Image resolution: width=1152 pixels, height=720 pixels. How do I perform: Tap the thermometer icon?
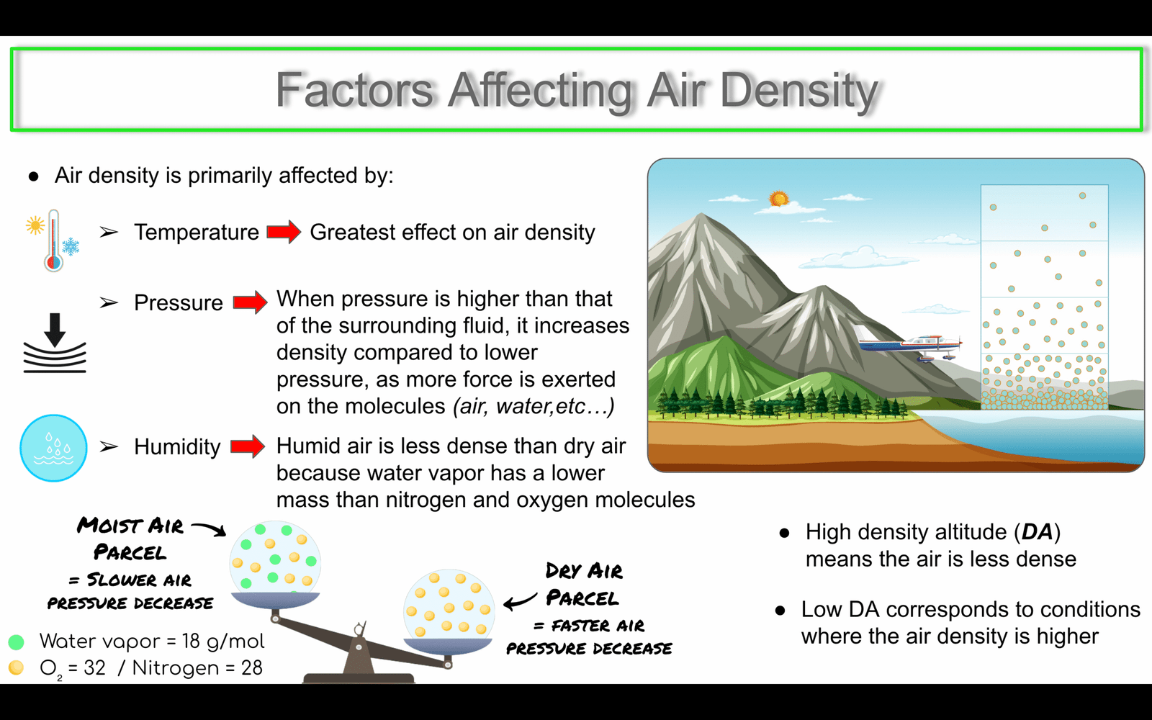click(53, 240)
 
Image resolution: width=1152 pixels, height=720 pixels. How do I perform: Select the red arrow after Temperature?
click(284, 232)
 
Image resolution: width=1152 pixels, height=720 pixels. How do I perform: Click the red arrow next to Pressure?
click(251, 302)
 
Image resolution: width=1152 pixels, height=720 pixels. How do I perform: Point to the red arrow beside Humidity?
click(248, 446)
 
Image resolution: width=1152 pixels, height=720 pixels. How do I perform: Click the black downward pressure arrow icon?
click(55, 330)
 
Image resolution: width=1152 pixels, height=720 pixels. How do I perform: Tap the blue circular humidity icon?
click(53, 448)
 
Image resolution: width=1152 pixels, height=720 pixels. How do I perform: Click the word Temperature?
click(197, 232)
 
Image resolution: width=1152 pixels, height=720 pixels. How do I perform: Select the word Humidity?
click(177, 446)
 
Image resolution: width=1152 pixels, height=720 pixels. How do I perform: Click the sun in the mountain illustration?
click(778, 199)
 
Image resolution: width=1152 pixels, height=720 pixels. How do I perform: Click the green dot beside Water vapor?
click(16, 642)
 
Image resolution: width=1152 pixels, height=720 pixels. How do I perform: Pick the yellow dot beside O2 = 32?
click(16, 667)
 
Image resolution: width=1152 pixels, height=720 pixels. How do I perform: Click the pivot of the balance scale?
click(359, 647)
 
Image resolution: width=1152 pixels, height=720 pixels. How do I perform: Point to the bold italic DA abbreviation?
click(1037, 532)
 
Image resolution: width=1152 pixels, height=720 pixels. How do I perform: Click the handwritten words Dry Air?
click(584, 571)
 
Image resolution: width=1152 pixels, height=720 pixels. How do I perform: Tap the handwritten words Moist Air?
click(130, 526)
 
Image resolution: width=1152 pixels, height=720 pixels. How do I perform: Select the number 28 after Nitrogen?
click(251, 667)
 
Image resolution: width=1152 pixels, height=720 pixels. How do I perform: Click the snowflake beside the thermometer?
click(71, 246)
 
